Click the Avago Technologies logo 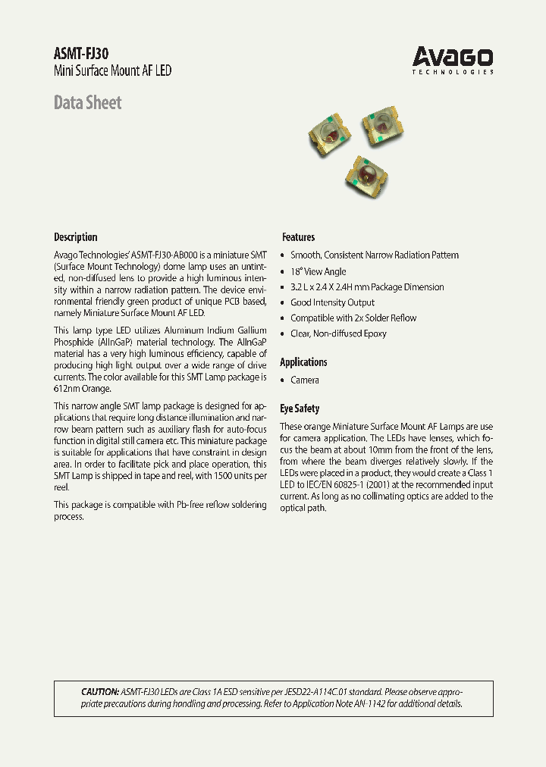coord(453,60)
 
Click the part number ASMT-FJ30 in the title coord(81,53)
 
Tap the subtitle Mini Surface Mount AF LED coord(112,70)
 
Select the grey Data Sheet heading coord(87,102)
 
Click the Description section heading coord(75,236)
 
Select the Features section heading coord(298,236)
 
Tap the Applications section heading coord(303,362)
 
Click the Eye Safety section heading coord(300,409)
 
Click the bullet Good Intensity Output coord(332,302)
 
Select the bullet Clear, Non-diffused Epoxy coord(338,333)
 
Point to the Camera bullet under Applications coord(304,380)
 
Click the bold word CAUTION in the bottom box coord(99,692)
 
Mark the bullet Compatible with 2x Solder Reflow coord(353,318)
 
